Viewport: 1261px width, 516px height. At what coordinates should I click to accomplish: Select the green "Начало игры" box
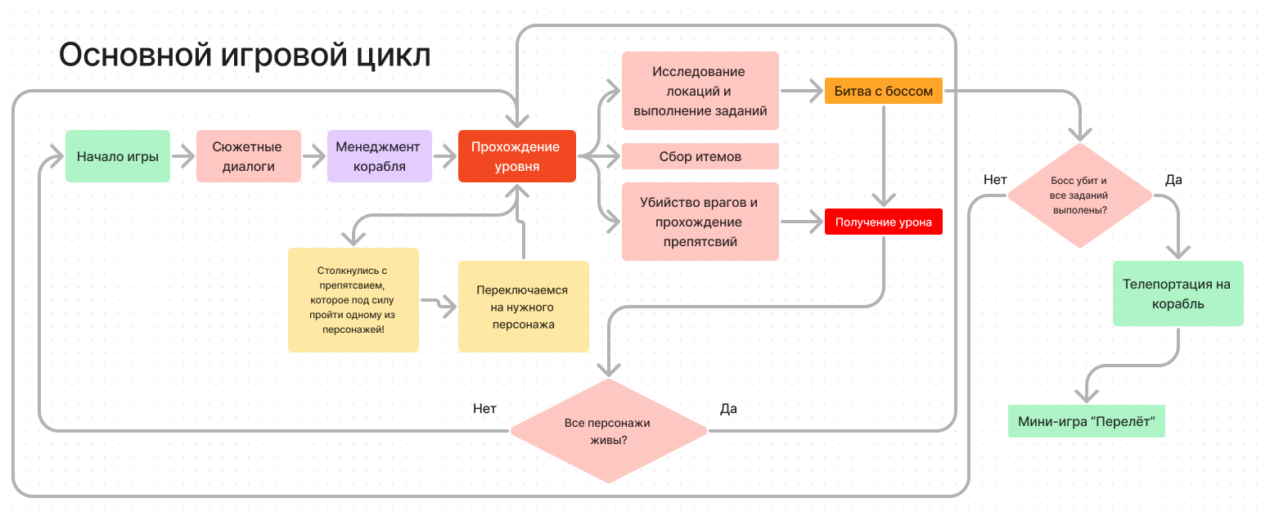[x=118, y=156]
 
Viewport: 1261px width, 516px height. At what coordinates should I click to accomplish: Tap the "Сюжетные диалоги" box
[x=249, y=156]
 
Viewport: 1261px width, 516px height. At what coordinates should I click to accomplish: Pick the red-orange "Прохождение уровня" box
[x=516, y=156]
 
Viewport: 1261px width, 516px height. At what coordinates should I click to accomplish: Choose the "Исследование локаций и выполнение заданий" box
[x=700, y=91]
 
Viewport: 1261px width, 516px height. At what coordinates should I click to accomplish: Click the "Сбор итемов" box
[x=700, y=156]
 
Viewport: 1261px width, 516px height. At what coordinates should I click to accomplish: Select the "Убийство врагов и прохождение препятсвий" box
[x=700, y=222]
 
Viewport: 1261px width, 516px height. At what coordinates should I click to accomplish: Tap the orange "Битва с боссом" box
[x=884, y=91]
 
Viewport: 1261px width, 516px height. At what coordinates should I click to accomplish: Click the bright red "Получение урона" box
[x=884, y=222]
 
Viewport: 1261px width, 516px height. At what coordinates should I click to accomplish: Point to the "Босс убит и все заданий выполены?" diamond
[x=1079, y=195]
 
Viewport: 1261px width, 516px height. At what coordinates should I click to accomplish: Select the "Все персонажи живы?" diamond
[x=608, y=431]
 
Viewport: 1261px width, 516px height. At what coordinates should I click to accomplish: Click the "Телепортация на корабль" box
[x=1177, y=294]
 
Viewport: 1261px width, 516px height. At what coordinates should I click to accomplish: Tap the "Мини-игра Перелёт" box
[x=1086, y=422]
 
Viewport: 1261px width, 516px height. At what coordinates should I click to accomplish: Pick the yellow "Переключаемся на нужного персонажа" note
[x=524, y=307]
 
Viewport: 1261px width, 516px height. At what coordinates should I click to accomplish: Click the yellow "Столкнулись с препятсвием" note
[x=354, y=300]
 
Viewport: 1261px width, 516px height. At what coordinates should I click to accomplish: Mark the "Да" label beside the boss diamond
[x=1173, y=180]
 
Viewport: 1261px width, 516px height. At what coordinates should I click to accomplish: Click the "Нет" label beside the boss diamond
[x=995, y=180]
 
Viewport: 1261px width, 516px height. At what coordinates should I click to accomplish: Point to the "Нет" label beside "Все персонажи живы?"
[x=484, y=408]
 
